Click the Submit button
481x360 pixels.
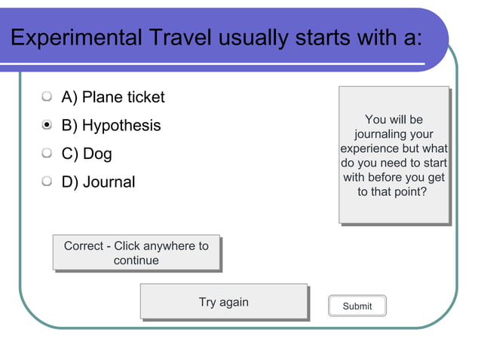click(357, 306)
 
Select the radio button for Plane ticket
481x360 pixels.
click(47, 97)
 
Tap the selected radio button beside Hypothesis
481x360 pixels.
click(47, 125)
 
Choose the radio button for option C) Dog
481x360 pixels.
click(47, 154)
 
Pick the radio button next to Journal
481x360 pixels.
click(47, 182)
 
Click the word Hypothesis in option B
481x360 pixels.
click(121, 126)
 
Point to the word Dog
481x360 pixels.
click(97, 154)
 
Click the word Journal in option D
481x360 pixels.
click(109, 182)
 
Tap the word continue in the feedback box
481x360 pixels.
click(136, 261)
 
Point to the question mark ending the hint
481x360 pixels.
click(424, 192)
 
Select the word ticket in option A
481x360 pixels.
click(146, 97)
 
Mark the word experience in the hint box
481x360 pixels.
click(369, 148)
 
